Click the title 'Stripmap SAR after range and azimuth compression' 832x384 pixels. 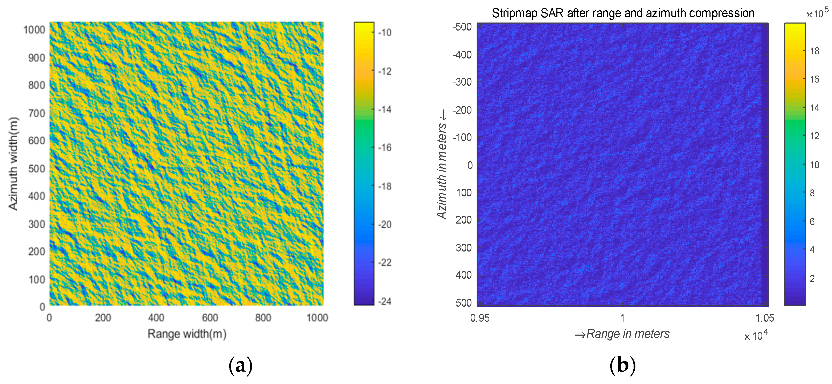click(623, 13)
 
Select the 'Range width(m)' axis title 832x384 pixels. click(187, 334)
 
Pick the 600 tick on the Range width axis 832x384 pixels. click(210, 318)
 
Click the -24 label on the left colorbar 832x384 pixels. click(384, 301)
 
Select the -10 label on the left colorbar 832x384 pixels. click(384, 33)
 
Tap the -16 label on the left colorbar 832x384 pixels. click(384, 148)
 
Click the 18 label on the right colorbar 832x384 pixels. click(815, 51)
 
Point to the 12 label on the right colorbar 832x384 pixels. click(815, 136)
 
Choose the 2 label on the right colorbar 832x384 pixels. click(812, 279)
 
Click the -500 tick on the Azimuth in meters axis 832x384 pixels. click(462, 27)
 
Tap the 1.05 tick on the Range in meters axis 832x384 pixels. click(764, 318)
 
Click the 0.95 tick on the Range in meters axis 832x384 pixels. click(480, 318)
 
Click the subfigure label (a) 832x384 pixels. click(240, 366)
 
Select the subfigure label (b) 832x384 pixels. click(622, 366)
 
